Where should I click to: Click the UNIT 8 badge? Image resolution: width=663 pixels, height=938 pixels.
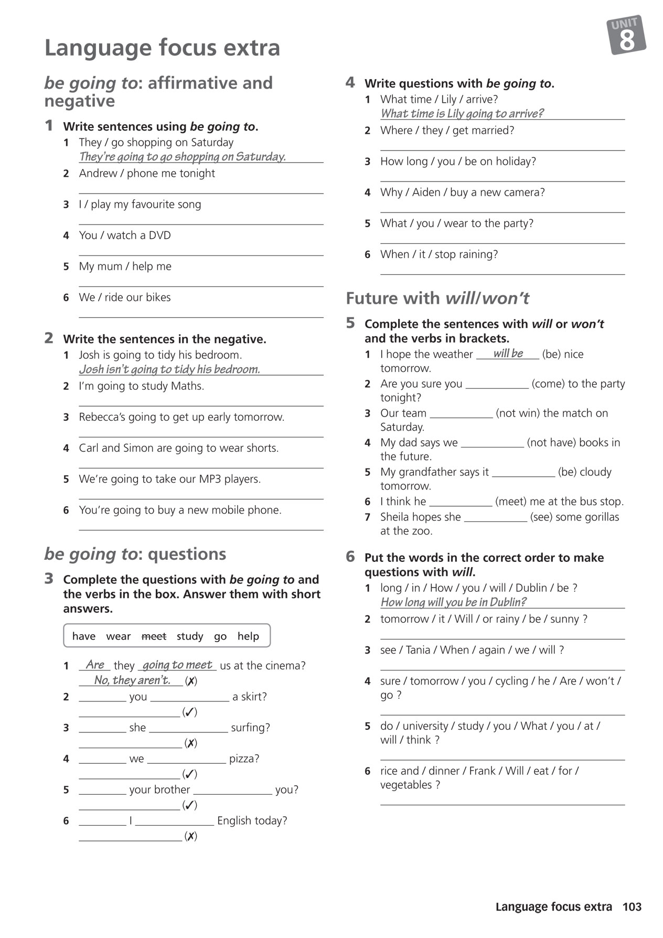pos(626,35)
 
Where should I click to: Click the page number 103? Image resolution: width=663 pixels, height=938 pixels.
pos(632,907)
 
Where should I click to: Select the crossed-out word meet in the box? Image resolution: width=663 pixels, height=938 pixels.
pos(154,636)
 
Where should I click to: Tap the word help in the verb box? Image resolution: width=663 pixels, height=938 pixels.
pos(248,636)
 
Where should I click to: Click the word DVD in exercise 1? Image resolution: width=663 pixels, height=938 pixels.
pos(159,236)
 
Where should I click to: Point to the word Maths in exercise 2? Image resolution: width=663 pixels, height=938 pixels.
pos(187,386)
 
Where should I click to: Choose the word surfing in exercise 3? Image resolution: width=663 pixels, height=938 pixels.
pos(249,728)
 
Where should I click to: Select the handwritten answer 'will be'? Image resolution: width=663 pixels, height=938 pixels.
pos(508,354)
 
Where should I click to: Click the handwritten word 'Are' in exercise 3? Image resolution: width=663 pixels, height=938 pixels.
pos(95,665)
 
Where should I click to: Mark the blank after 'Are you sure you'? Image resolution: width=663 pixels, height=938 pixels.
pos(497,384)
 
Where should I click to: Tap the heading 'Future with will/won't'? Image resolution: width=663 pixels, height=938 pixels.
pos(437,298)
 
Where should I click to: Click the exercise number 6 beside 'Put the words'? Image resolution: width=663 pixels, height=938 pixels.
pos(350,557)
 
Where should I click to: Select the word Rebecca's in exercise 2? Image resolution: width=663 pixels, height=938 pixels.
pos(102,417)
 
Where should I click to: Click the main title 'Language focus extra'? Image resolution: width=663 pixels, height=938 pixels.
pos(162,48)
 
